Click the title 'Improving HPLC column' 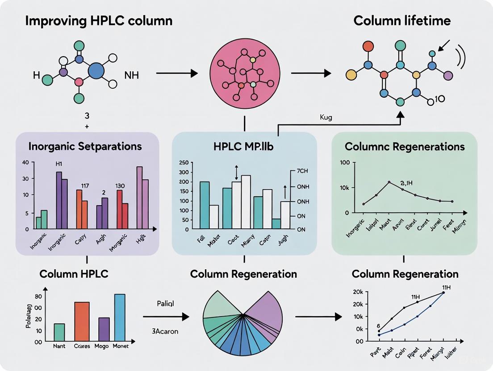pyautogui.click(x=99, y=21)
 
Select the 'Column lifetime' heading pyautogui.click(x=402, y=21)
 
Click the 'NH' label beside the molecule pyautogui.click(x=132, y=75)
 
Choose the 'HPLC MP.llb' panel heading pyautogui.click(x=244, y=146)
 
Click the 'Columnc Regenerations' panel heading pyautogui.click(x=405, y=146)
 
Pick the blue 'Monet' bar pyautogui.click(x=120, y=317)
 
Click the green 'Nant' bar pyautogui.click(x=59, y=332)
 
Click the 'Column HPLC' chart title pyautogui.click(x=74, y=274)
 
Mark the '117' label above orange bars pyautogui.click(x=85, y=185)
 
